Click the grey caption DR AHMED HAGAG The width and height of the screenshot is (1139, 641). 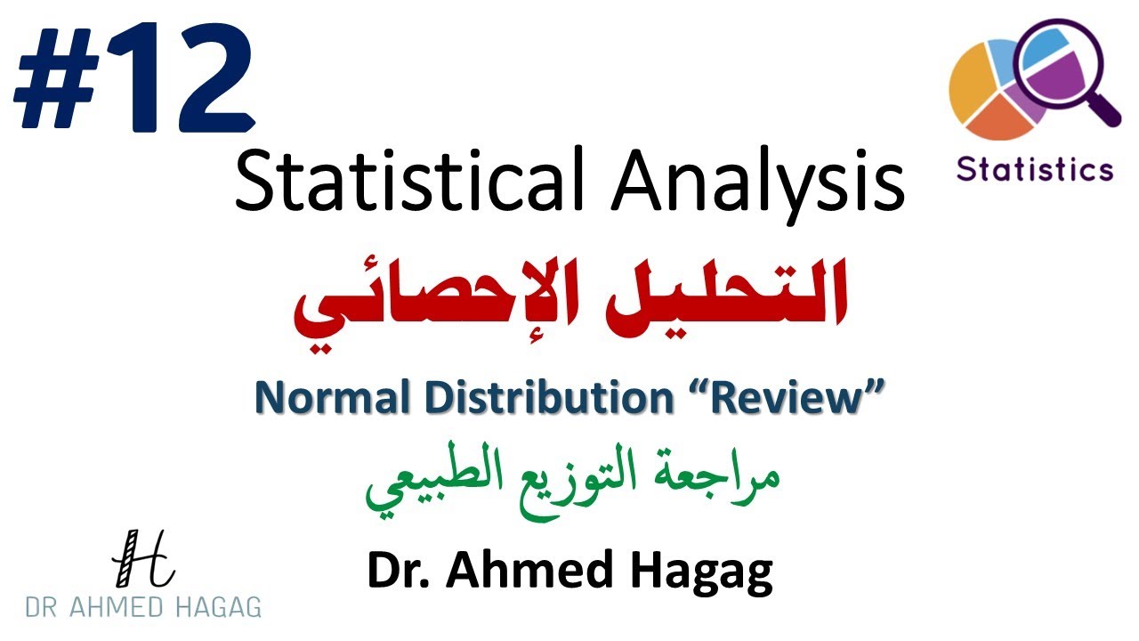click(x=143, y=607)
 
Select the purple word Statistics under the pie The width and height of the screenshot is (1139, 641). click(x=1035, y=168)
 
